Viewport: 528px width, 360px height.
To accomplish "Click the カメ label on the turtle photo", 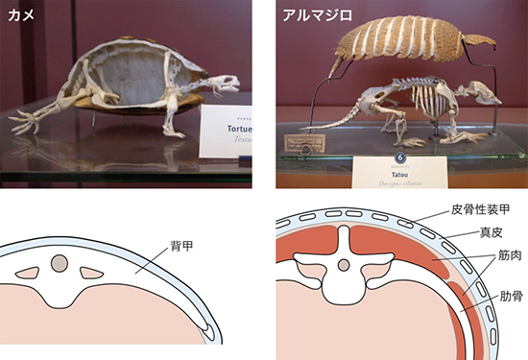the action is (21, 14).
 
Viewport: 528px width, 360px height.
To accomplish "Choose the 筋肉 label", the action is (510, 257).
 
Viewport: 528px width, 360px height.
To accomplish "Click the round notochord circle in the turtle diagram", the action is (61, 261).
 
